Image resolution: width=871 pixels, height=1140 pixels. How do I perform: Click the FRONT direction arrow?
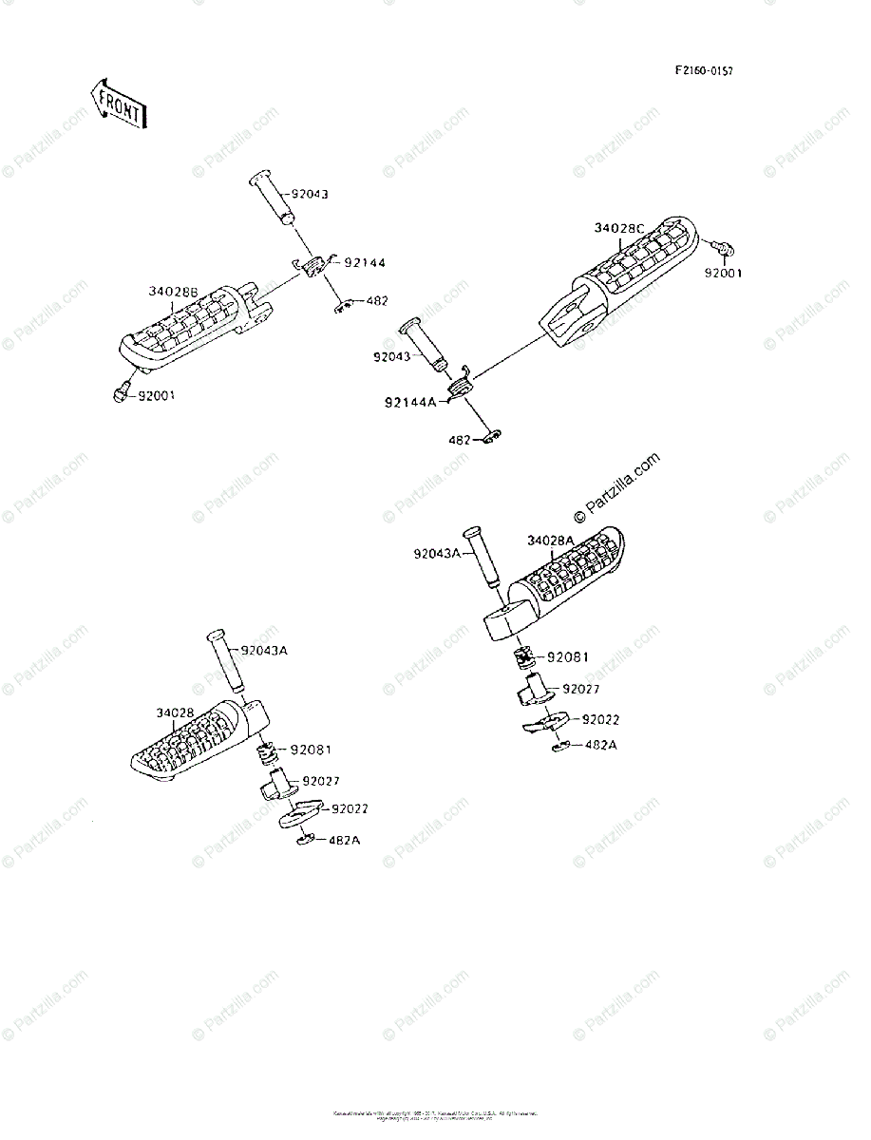[117, 103]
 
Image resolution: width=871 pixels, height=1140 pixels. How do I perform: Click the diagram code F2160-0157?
[705, 71]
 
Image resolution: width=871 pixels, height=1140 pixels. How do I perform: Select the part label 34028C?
[619, 228]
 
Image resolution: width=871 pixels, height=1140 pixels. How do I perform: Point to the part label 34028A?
[551, 541]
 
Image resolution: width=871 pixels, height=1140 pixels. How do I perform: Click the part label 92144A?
[410, 402]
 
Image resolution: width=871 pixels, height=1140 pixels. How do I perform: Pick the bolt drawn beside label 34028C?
[725, 249]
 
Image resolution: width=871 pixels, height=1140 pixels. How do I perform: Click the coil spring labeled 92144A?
[461, 385]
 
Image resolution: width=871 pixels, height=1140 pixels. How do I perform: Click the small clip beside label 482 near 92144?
[346, 305]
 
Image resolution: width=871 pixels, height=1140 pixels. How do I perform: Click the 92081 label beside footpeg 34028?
[311, 749]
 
